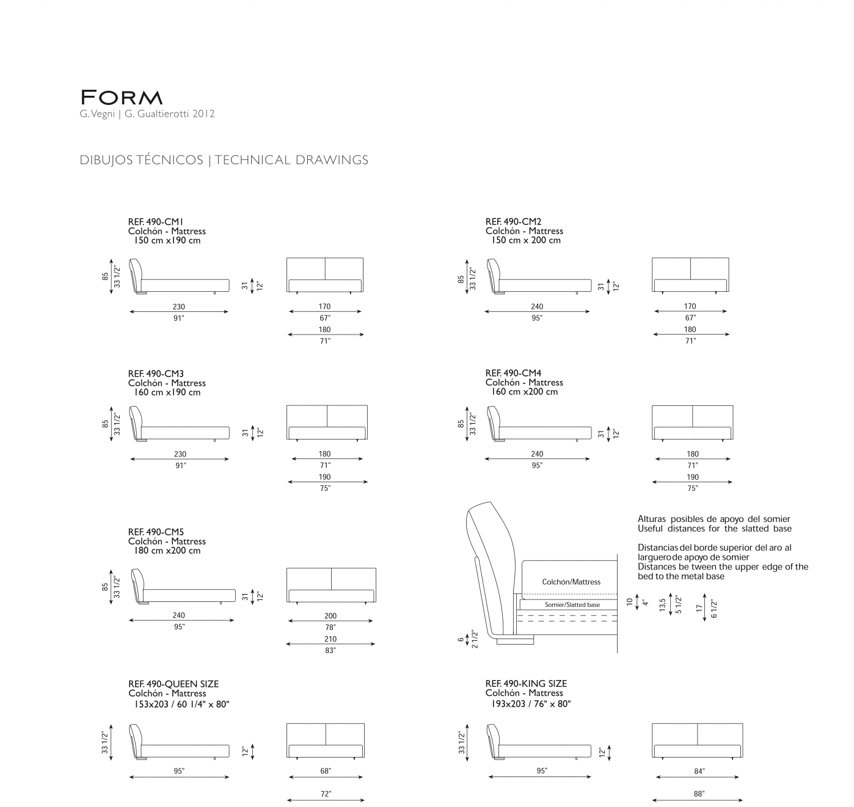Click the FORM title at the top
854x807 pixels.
122,98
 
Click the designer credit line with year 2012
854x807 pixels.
147,114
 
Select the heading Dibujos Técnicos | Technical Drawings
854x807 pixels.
224,160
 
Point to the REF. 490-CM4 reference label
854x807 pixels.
513,373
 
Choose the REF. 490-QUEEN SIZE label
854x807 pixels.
173,684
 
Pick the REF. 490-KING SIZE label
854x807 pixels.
526,684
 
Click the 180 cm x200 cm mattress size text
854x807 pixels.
167,551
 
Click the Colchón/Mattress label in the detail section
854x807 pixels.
571,582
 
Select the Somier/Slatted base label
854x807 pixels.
572,605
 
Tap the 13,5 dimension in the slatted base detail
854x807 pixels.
663,604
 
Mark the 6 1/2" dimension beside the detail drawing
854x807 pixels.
713,608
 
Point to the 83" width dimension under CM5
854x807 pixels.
330,651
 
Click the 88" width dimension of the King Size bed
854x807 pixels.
699,794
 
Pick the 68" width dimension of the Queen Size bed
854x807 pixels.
326,772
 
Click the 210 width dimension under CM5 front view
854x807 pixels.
330,639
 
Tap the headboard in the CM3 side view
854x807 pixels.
136,420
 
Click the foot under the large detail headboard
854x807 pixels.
516,640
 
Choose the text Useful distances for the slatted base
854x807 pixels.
714,529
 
